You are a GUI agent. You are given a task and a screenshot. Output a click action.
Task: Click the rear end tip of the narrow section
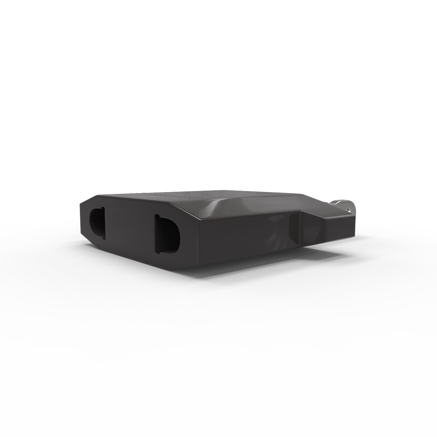click(x=355, y=221)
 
